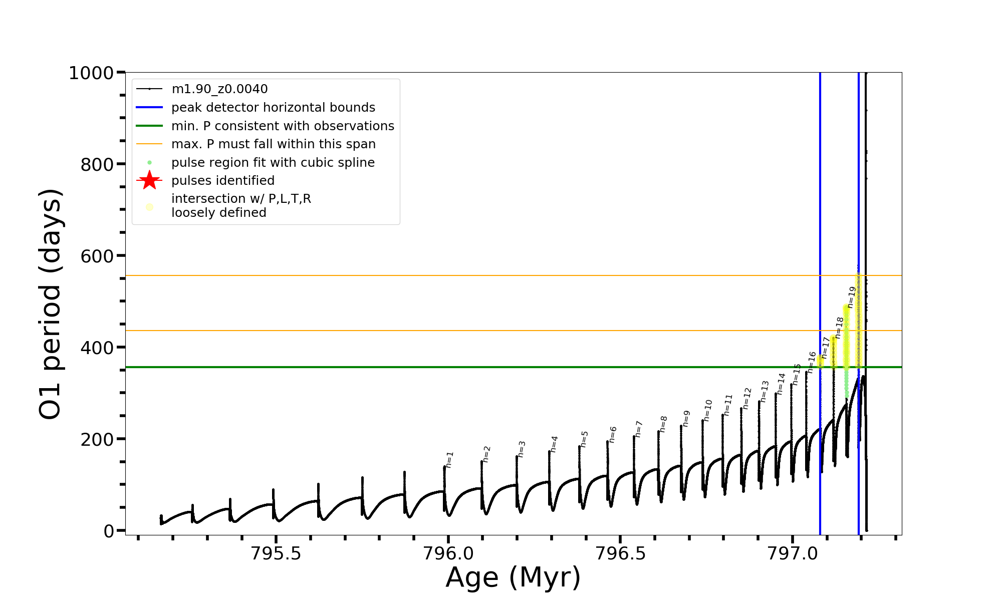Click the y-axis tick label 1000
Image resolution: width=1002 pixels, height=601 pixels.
(91, 74)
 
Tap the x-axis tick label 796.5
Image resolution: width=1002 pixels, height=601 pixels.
(620, 553)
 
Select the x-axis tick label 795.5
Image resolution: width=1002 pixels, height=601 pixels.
(275, 553)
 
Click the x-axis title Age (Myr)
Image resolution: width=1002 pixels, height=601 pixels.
(513, 577)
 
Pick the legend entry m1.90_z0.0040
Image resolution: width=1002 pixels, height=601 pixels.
(219, 89)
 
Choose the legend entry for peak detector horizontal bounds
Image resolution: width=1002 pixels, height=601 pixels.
(273, 108)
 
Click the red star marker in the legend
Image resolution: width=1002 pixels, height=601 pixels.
(149, 181)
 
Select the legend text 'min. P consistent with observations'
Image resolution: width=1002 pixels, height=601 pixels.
(283, 126)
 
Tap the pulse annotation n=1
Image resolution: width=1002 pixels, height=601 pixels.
(449, 460)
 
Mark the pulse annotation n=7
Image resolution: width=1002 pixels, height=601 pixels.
(639, 429)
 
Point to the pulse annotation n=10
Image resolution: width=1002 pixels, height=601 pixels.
(707, 410)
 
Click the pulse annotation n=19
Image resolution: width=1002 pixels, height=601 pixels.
(852, 297)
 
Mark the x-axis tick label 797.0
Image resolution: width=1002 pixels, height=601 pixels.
(792, 553)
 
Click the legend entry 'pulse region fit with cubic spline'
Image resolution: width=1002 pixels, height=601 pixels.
(273, 163)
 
